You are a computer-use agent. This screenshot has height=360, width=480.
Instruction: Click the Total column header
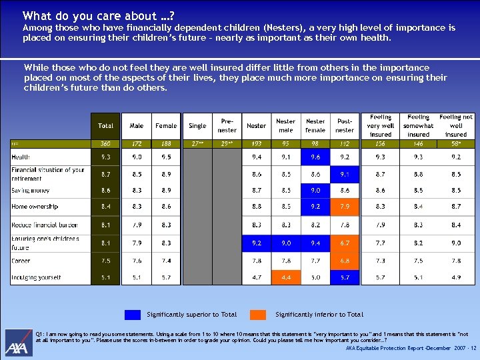(105, 125)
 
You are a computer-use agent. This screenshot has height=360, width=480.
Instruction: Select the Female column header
(166, 125)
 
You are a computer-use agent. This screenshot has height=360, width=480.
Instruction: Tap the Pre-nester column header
(227, 125)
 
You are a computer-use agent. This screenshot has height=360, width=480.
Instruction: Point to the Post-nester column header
(345, 125)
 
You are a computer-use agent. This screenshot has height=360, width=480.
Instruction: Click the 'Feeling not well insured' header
(456, 125)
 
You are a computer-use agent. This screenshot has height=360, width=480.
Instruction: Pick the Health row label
(21, 157)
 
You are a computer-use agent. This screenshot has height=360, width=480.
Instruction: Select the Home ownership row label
(35, 207)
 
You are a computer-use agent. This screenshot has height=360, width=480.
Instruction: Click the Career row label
(21, 261)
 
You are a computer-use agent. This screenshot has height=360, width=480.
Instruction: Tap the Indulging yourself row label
(36, 277)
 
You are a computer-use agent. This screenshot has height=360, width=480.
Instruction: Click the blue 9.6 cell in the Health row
(315, 157)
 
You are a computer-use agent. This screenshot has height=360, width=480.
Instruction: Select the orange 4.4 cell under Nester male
(285, 277)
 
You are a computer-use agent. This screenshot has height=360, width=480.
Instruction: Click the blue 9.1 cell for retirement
(345, 174)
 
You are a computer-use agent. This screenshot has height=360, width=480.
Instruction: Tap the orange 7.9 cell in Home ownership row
(345, 207)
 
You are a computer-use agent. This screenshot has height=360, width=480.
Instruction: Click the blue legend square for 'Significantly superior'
(133, 315)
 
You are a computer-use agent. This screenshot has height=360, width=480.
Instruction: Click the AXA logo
(17, 346)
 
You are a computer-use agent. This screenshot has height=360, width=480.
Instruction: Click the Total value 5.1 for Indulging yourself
(105, 277)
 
